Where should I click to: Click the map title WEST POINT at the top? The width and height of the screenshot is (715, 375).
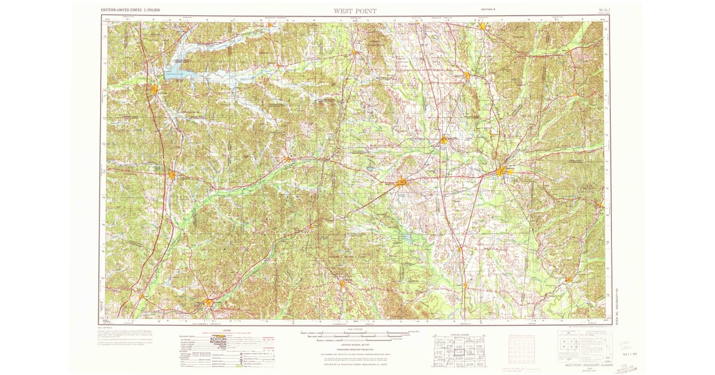click(x=355, y=11)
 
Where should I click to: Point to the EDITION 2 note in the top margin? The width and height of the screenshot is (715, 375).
click(x=489, y=10)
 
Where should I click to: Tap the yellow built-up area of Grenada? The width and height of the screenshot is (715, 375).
click(x=155, y=90)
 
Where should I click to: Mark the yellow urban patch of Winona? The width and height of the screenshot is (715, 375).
click(x=172, y=175)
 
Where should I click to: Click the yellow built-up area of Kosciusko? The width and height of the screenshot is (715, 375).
click(x=209, y=302)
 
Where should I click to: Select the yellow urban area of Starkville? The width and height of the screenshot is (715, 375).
click(x=402, y=182)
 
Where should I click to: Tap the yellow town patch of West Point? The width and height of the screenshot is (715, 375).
click(x=444, y=140)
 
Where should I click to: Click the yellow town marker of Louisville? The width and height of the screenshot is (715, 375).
click(x=343, y=283)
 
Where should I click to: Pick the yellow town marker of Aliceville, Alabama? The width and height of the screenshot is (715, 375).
click(x=569, y=279)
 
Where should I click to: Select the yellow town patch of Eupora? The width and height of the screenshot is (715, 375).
click(x=288, y=159)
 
